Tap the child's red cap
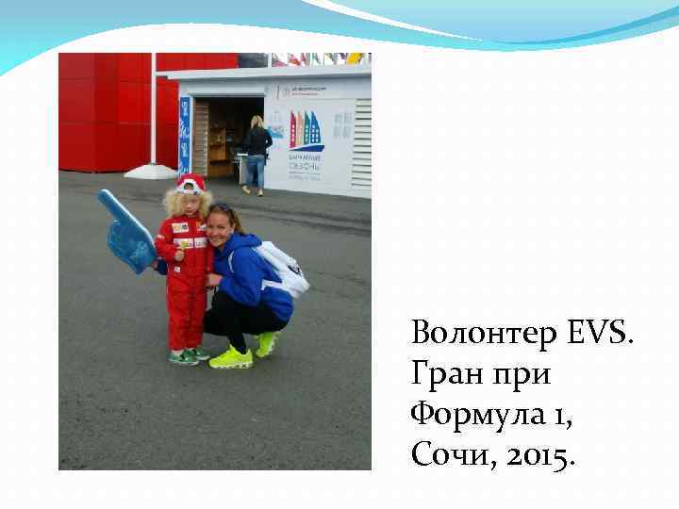191,182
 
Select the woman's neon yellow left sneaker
231,357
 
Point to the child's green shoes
188,355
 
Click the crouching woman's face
224,227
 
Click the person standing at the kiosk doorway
256,154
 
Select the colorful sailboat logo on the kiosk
306,130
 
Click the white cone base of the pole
151,171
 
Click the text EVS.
602,333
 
